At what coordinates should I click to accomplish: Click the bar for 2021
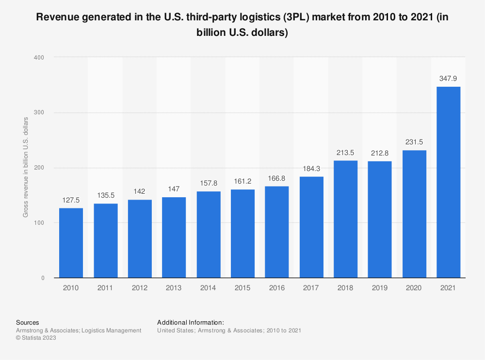coord(448,182)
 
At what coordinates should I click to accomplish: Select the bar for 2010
coord(71,243)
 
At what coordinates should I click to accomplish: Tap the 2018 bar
coord(345,219)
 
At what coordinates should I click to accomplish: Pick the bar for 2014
coord(209,235)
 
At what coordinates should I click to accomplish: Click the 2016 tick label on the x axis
coord(277,287)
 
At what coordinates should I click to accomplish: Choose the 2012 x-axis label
coord(140,287)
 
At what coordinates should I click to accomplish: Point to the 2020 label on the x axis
coord(414,287)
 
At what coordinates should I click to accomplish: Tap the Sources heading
coord(27,322)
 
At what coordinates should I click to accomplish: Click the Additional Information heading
coord(190,322)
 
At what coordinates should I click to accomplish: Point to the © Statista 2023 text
coord(36,338)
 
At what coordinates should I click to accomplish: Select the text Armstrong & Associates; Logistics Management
coord(79,330)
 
